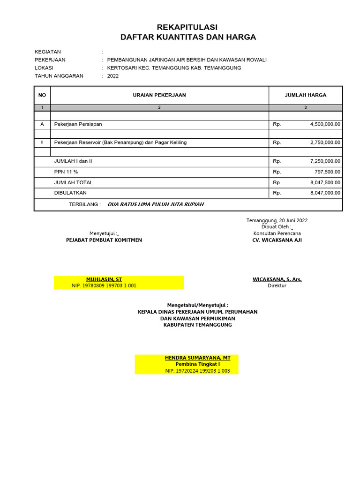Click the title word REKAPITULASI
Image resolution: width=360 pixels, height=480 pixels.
[187, 27]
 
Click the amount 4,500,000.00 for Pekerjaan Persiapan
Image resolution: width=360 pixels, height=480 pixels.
[325, 124]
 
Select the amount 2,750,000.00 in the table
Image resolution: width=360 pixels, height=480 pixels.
[325, 142]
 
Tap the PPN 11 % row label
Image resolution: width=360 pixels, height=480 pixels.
[66, 172]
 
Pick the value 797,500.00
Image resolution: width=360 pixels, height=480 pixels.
[329, 172]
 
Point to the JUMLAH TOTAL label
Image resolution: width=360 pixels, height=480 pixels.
[74, 182]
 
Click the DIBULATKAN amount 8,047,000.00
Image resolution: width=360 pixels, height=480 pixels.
[325, 193]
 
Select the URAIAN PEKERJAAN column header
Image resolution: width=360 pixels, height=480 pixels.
[159, 95]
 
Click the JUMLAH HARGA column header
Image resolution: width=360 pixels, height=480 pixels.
[306, 95]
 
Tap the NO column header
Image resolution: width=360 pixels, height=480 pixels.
[42, 95]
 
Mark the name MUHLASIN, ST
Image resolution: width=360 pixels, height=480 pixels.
[104, 279]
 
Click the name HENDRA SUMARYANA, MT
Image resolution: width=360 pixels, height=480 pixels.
[198, 358]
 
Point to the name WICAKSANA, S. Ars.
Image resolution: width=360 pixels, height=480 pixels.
[277, 279]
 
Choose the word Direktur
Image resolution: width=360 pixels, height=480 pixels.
[277, 285]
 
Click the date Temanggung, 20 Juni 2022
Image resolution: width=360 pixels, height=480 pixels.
[277, 220]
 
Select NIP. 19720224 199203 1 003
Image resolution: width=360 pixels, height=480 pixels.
[197, 371]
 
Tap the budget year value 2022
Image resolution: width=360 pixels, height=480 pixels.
[113, 76]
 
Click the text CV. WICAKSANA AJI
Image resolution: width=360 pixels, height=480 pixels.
[277, 240]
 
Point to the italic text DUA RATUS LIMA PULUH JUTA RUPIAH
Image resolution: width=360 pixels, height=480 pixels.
[156, 204]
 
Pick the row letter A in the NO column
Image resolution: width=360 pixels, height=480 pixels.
[42, 124]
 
